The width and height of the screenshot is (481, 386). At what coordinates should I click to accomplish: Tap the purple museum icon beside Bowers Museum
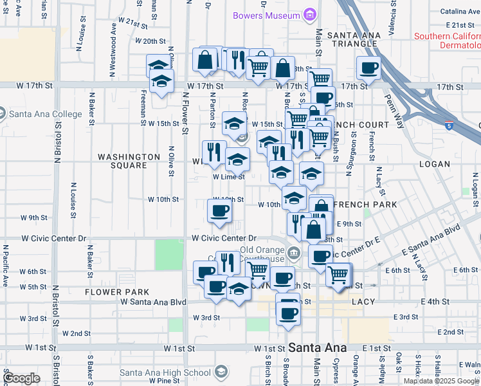[x=310, y=15]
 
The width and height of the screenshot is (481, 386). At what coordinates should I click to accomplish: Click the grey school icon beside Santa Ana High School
[x=221, y=372]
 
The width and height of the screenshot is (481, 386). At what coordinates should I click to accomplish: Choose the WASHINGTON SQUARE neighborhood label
[x=129, y=161]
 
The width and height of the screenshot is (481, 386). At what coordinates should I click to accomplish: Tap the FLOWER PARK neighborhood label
[x=117, y=292]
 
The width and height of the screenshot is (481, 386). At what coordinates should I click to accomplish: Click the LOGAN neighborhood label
[x=435, y=164]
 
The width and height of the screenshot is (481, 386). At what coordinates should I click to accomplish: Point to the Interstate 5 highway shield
[x=449, y=127]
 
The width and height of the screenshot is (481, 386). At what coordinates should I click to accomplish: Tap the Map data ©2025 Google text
[x=441, y=381]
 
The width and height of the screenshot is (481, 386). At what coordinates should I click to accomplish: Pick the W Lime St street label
[x=229, y=177]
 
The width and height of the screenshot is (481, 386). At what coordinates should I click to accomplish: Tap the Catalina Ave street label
[x=460, y=11]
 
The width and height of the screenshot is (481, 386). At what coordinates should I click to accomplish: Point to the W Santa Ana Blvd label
[x=154, y=302]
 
